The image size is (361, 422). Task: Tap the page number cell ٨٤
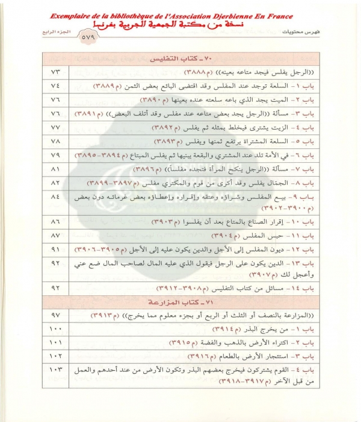point(55,197)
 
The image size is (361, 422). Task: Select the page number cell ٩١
point(55,248)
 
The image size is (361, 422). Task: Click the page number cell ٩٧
point(55,315)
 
